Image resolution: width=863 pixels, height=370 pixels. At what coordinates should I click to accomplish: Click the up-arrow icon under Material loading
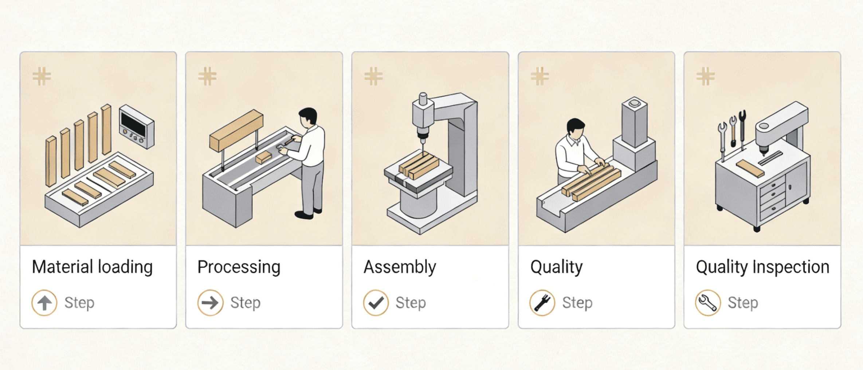tap(44, 303)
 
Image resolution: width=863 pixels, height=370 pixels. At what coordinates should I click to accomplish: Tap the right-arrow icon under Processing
tap(210, 303)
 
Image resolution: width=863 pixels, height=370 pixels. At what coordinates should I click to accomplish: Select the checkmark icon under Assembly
tap(376, 303)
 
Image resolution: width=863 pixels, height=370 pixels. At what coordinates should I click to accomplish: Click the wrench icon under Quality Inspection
tap(708, 303)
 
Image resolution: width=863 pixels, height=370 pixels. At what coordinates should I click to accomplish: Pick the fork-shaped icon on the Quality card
tap(542, 303)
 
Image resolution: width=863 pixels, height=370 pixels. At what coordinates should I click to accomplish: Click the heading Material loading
tap(92, 267)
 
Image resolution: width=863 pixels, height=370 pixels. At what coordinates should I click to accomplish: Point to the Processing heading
tap(239, 267)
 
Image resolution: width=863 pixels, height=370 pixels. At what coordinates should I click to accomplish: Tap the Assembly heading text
tap(400, 267)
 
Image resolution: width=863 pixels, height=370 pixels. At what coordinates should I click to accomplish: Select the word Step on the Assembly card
tap(411, 303)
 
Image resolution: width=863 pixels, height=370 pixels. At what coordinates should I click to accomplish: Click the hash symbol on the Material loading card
tap(42, 76)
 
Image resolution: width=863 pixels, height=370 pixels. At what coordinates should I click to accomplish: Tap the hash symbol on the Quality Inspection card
tap(706, 76)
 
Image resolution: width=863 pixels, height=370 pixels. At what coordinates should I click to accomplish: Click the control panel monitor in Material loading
tap(137, 126)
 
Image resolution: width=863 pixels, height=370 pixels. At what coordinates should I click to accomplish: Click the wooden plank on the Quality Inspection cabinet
tap(750, 168)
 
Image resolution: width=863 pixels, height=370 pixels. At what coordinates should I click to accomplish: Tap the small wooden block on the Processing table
tap(263, 157)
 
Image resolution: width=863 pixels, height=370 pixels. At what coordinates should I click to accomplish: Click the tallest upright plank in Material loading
tap(106, 129)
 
